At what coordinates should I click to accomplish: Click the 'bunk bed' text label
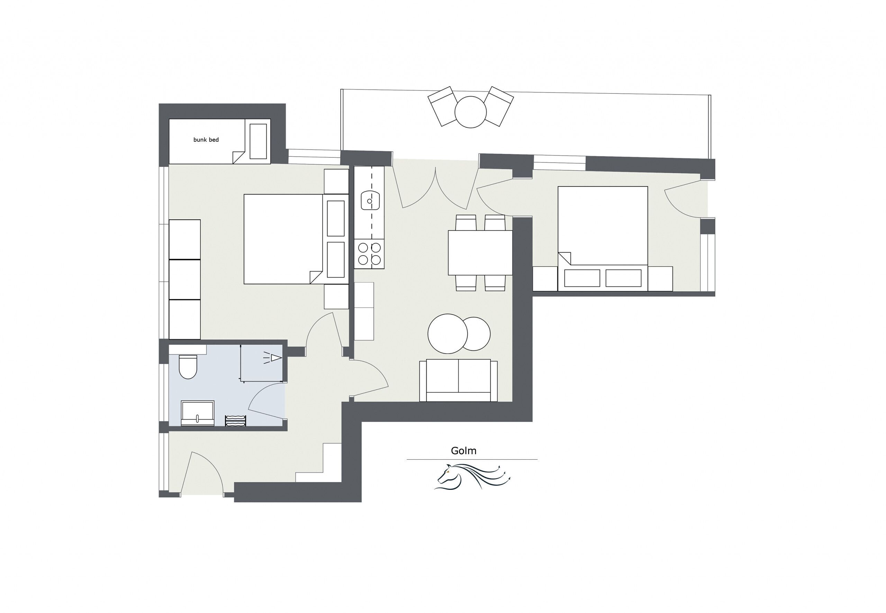pos(206,140)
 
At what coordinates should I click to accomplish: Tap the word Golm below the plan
pos(463,450)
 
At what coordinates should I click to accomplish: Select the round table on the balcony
pos(470,112)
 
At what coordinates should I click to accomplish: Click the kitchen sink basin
pos(370,201)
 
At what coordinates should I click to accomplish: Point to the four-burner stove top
pos(369,254)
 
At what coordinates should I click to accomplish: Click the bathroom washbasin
pos(198,413)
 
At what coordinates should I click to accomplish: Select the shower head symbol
pos(275,358)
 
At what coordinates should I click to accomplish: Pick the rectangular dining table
pos(480,252)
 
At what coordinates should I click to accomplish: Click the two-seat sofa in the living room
pos(458,381)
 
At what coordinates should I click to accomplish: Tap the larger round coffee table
pos(447,333)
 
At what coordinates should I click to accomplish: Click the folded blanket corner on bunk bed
pos(238,157)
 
